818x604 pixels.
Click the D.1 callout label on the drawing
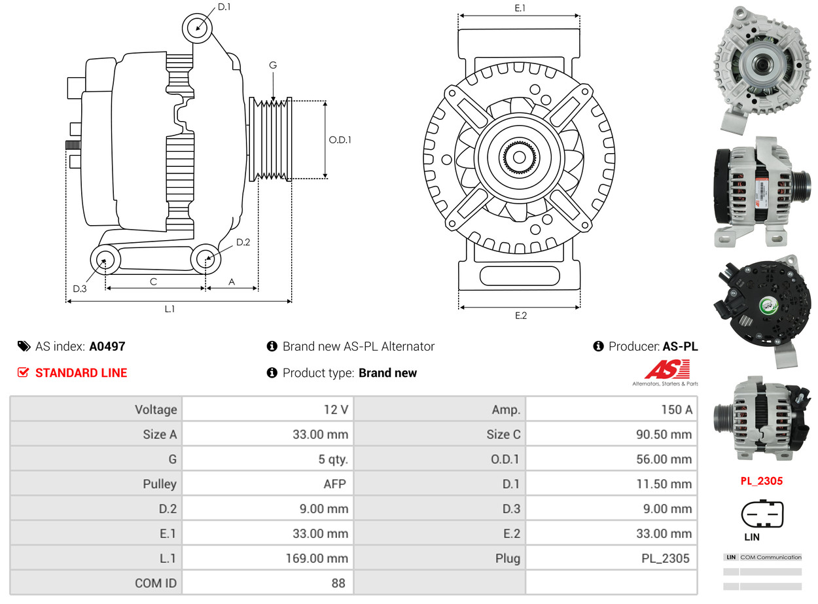[x=224, y=7]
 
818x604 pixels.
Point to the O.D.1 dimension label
[x=340, y=139]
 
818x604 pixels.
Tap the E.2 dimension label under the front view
[x=520, y=315]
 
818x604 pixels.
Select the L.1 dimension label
[x=169, y=309]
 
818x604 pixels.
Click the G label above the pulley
[x=273, y=65]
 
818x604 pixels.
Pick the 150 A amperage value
[x=676, y=410]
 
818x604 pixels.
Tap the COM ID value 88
[x=338, y=582]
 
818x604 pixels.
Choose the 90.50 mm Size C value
[x=664, y=435]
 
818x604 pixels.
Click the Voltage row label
[x=156, y=410]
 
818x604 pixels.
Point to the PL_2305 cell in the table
[x=665, y=558]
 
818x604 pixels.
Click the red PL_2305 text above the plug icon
[x=761, y=481]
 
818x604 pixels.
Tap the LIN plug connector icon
[x=762, y=514]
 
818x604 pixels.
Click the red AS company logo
[x=667, y=370]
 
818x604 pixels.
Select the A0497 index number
[x=107, y=346]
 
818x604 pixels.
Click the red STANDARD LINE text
[x=81, y=373]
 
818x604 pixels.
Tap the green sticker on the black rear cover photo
[x=767, y=306]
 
